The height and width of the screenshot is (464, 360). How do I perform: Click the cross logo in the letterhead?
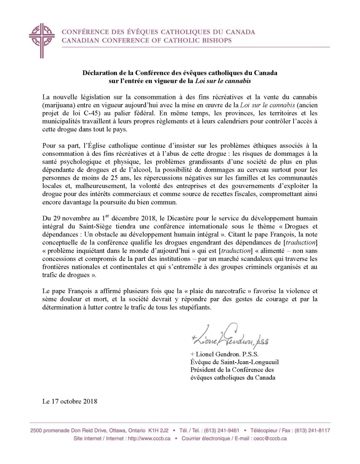[x=42, y=37]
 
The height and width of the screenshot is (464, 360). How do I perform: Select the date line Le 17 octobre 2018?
[x=70, y=401]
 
